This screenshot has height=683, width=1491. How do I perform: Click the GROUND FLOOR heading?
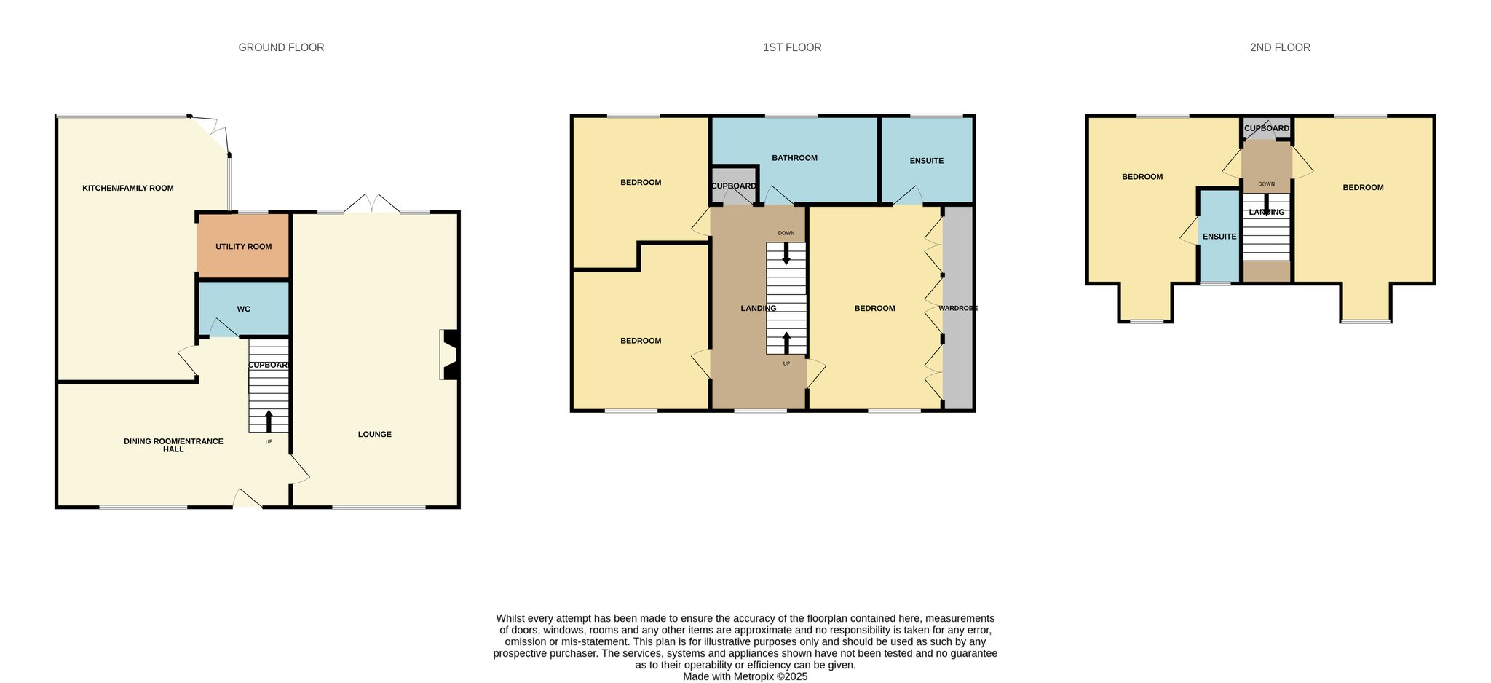click(281, 47)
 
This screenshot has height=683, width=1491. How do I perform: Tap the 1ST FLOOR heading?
click(792, 47)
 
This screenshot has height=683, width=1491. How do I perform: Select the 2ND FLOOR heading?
click(1280, 47)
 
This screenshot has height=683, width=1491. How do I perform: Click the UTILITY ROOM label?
click(243, 247)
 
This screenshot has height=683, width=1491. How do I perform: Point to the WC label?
click(244, 309)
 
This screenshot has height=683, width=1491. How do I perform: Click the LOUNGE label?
click(375, 435)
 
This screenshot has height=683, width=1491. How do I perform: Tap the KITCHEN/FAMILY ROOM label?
click(128, 189)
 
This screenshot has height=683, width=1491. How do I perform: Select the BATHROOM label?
click(794, 158)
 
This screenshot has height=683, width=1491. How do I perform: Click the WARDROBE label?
click(958, 309)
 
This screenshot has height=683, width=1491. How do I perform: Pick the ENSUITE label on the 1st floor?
click(926, 161)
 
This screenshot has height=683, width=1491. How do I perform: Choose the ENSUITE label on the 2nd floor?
click(1219, 237)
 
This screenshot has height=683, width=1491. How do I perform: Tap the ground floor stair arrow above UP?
click(269, 421)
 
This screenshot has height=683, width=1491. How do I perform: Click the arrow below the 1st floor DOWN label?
click(786, 253)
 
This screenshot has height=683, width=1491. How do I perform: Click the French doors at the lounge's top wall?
click(372, 203)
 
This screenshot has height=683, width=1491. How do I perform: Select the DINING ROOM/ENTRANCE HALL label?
click(173, 446)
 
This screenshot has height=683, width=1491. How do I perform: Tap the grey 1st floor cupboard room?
click(734, 186)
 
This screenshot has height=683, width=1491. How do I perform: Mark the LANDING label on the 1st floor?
click(759, 309)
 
